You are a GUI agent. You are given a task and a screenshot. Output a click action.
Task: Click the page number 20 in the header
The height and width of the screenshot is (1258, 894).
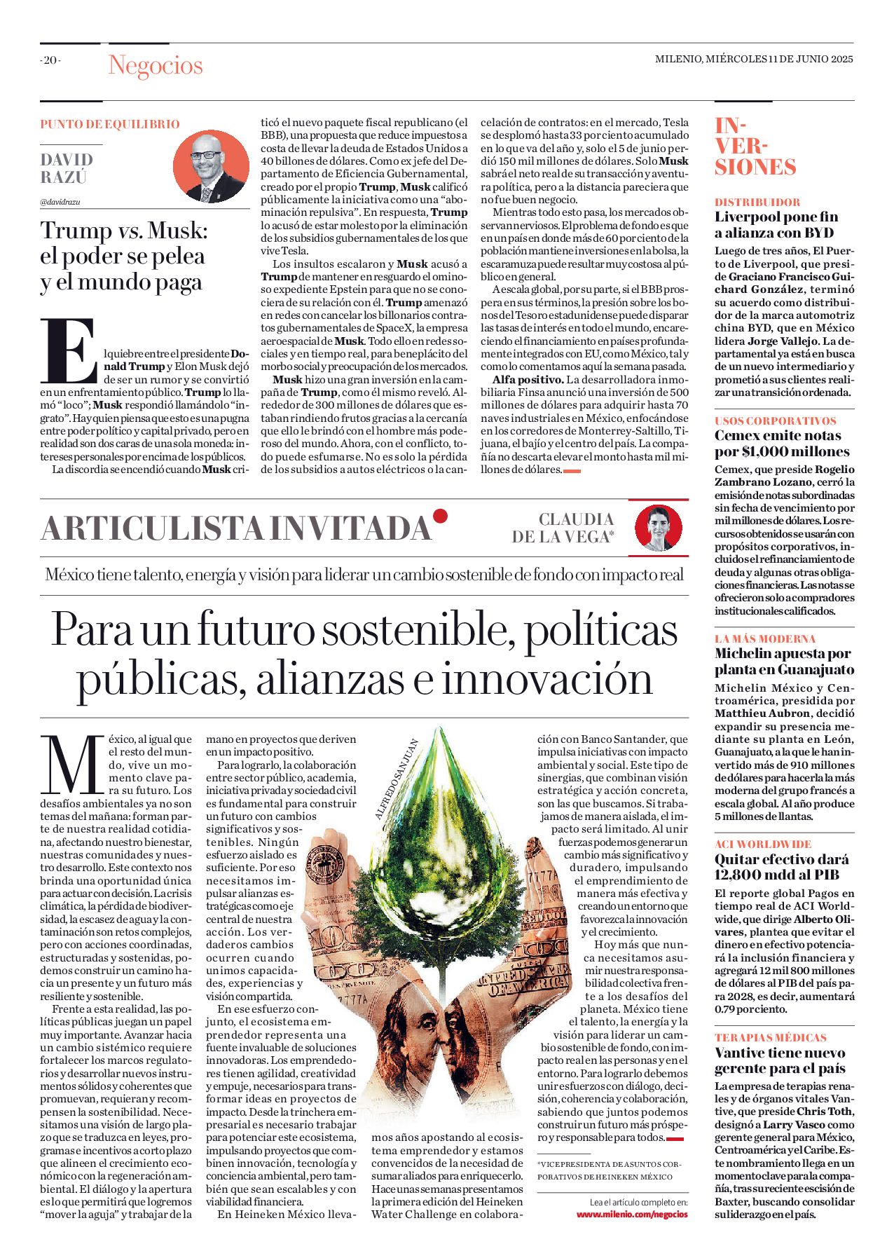[x=50, y=60]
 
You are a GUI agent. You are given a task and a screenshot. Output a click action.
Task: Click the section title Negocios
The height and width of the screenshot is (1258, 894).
[x=155, y=65]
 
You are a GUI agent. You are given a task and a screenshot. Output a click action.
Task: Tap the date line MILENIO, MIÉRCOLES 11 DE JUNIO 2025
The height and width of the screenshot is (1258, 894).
[x=753, y=60]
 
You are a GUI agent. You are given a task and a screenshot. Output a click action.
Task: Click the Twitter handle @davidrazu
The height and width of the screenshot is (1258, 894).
[x=60, y=202]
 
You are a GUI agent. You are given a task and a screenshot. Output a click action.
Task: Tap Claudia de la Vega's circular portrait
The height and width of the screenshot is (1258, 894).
[x=658, y=527]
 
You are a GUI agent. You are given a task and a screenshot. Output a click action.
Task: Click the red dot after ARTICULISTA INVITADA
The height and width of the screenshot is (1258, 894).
[x=440, y=517]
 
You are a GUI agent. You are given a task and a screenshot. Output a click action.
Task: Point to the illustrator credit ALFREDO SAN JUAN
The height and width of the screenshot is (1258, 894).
[x=397, y=779]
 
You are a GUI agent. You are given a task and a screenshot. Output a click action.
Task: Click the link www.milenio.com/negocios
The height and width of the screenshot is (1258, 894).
[x=632, y=1214]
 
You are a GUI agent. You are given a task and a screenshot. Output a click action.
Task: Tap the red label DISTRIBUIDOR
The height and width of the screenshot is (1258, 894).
[x=757, y=202]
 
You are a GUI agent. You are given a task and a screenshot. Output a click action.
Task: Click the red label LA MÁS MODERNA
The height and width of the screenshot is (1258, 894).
[x=765, y=638]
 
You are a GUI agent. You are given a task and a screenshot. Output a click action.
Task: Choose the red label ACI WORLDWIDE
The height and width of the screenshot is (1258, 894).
[x=762, y=844]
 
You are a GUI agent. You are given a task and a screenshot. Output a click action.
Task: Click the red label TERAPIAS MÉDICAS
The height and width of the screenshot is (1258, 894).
[x=770, y=1037]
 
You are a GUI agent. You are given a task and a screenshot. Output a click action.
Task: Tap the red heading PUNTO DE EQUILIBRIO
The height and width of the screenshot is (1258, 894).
[x=110, y=124]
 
